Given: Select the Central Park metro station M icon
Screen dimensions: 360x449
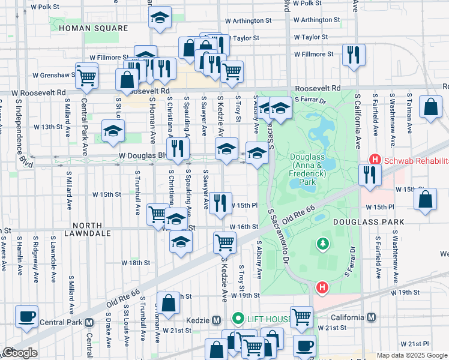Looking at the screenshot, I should pyautogui.click(x=89, y=322).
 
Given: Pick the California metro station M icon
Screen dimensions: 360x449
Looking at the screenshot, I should pyautogui.click(x=371, y=317).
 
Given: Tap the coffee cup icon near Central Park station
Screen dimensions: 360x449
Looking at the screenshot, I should pyautogui.click(x=26, y=317).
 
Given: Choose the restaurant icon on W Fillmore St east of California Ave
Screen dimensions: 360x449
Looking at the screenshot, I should pyautogui.click(x=353, y=55).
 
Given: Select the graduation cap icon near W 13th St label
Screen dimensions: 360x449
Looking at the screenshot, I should pyautogui.click(x=113, y=131).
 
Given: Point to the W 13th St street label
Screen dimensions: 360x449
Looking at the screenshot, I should pyautogui.click(x=48, y=127).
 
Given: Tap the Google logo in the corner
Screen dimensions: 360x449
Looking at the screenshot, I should pyautogui.click(x=20, y=353).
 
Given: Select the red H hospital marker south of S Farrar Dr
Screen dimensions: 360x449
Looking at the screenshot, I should pyautogui.click(x=322, y=288).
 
